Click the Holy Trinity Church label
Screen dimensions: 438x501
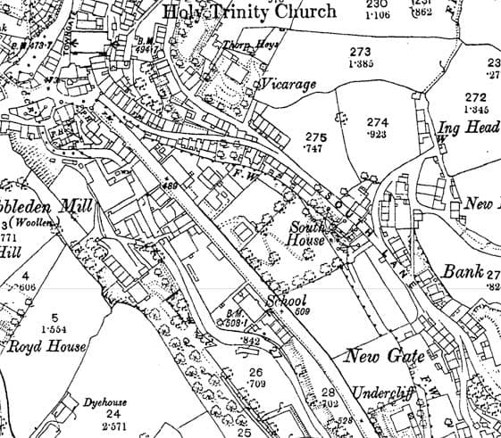[249, 12]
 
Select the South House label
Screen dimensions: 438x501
[310, 235]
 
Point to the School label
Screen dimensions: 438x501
[288, 301]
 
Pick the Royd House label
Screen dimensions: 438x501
[48, 347]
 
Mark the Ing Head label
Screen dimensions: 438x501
[467, 128]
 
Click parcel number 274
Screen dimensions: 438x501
[378, 122]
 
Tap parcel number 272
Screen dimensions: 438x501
[476, 97]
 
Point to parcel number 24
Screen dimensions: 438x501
[113, 414]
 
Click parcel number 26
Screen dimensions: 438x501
[257, 373]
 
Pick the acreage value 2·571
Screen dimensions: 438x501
[113, 427]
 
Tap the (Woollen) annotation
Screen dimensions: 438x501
[35, 223]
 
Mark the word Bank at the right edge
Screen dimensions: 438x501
[463, 272]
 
